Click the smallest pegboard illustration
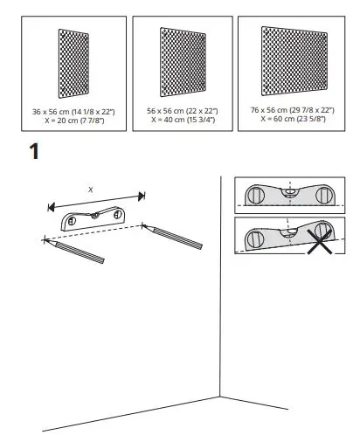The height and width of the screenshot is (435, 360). [73, 67]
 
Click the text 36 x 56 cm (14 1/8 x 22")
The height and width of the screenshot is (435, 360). [73, 113]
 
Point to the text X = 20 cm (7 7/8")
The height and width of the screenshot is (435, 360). [73, 121]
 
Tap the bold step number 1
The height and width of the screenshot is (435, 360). [34, 151]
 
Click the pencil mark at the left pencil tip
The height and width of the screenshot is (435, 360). [41, 238]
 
